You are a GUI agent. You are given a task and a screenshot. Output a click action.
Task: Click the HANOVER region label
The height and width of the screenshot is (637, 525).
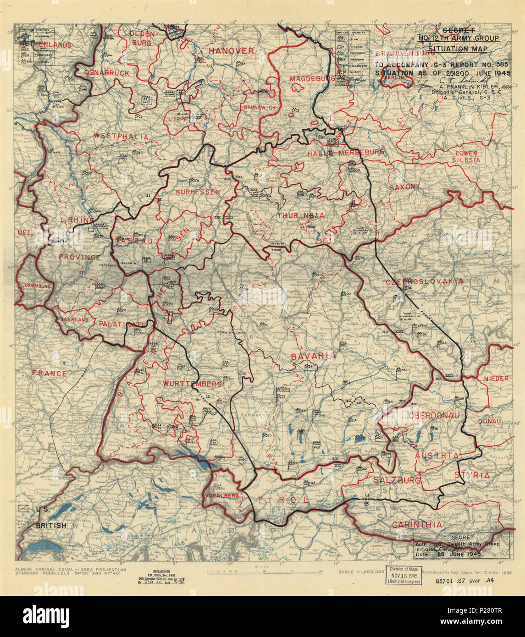pos(231,51)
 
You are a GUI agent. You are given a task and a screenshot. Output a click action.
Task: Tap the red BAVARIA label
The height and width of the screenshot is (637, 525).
pos(313,356)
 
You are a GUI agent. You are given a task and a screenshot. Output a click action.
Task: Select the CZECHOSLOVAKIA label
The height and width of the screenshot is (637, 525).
pos(424,281)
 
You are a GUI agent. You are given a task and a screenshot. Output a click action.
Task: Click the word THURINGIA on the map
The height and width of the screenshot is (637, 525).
pos(300,215)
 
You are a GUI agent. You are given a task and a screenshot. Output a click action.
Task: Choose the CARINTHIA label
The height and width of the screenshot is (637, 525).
pos(417,524)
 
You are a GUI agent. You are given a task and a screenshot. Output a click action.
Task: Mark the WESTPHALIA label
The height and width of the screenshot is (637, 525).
pos(121,136)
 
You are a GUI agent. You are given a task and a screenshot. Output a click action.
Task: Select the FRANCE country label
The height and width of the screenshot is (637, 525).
pos(50,373)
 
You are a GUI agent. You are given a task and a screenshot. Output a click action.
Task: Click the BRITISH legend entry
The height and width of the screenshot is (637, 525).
pos(51,525)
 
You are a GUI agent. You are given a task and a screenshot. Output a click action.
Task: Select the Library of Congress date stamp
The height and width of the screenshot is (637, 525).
pos(404,574)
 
